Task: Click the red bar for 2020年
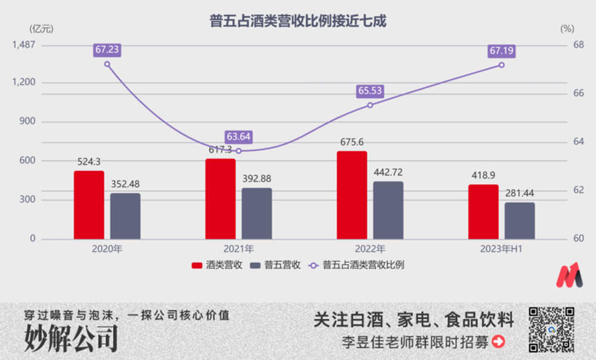[x=89, y=205]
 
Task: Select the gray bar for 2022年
[x=388, y=210]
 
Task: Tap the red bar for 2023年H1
[x=483, y=212]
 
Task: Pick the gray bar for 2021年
[x=256, y=214]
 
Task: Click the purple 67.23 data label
[x=107, y=50]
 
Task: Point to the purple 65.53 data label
[x=370, y=91]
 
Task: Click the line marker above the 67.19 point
[x=501, y=65]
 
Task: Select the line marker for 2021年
[x=238, y=151]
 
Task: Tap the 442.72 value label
[x=389, y=172]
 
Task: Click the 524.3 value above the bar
[x=89, y=162]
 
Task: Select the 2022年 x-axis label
[x=370, y=249]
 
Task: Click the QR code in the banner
[x=551, y=329]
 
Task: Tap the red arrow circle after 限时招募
[x=498, y=342]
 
